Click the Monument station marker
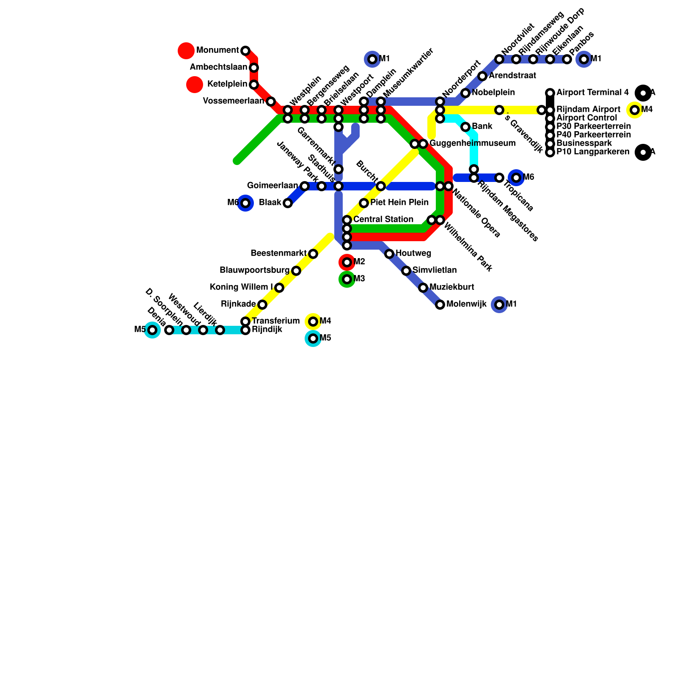click(x=245, y=51)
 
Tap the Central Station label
click(x=383, y=220)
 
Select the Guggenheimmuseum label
click(x=473, y=143)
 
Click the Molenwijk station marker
click(x=440, y=305)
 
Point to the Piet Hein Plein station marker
click(x=364, y=203)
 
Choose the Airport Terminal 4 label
click(x=592, y=93)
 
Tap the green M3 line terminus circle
click(x=347, y=279)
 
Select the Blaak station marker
click(x=288, y=203)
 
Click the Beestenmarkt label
click(x=278, y=253)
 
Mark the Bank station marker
click(x=465, y=127)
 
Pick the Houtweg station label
click(x=413, y=253)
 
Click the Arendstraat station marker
click(x=482, y=76)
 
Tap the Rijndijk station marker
click(x=245, y=330)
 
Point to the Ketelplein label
click(x=227, y=84)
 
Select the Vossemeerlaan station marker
click(x=271, y=102)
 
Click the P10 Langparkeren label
click(x=593, y=152)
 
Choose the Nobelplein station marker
click(x=465, y=93)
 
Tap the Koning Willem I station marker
click(x=279, y=288)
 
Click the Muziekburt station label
click(x=452, y=287)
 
